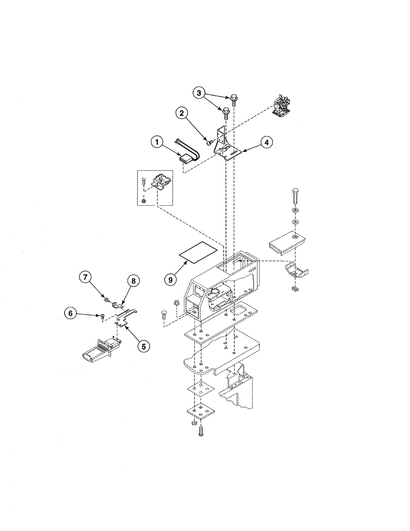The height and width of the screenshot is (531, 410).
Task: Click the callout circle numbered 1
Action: tap(155, 142)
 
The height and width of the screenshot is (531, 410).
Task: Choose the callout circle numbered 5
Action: tap(143, 346)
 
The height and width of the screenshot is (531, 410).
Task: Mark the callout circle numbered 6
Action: tap(70, 313)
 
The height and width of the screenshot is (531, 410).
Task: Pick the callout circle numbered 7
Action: tap(85, 277)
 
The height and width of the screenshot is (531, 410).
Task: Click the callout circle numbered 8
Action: tap(133, 281)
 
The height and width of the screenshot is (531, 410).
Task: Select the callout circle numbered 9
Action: tap(169, 280)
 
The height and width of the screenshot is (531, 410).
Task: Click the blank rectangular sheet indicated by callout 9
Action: tap(198, 253)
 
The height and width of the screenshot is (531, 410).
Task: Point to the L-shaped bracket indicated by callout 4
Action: tap(227, 146)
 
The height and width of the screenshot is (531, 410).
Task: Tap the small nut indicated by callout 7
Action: tap(107, 300)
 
